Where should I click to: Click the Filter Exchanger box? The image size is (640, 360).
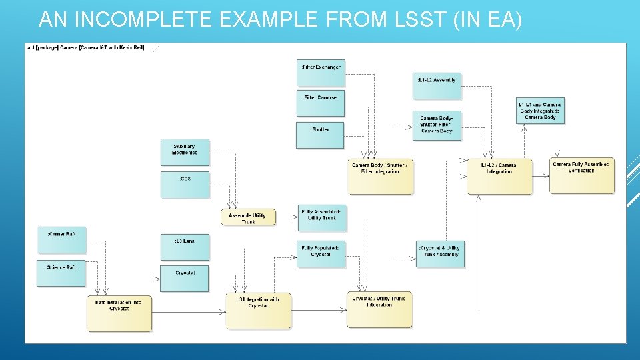[x=321, y=72]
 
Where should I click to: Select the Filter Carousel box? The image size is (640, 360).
[x=321, y=103]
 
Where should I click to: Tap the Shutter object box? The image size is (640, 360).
[x=321, y=134]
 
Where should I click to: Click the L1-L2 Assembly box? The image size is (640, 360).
[x=437, y=85]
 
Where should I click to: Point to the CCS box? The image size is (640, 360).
[x=185, y=184]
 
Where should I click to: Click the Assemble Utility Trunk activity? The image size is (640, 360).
[x=247, y=217]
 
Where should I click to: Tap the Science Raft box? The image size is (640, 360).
[x=61, y=273]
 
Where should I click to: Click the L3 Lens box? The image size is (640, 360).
[x=185, y=247]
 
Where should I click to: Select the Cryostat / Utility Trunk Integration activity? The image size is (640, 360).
[x=379, y=309]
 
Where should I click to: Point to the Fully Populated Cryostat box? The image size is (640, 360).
[x=321, y=254]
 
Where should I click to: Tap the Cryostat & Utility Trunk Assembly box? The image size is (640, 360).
[x=439, y=253]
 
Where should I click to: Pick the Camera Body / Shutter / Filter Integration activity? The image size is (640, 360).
[x=380, y=176]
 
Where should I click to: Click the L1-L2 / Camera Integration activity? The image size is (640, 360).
[x=499, y=176]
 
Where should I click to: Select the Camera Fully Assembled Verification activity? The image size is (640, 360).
[x=581, y=175]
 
